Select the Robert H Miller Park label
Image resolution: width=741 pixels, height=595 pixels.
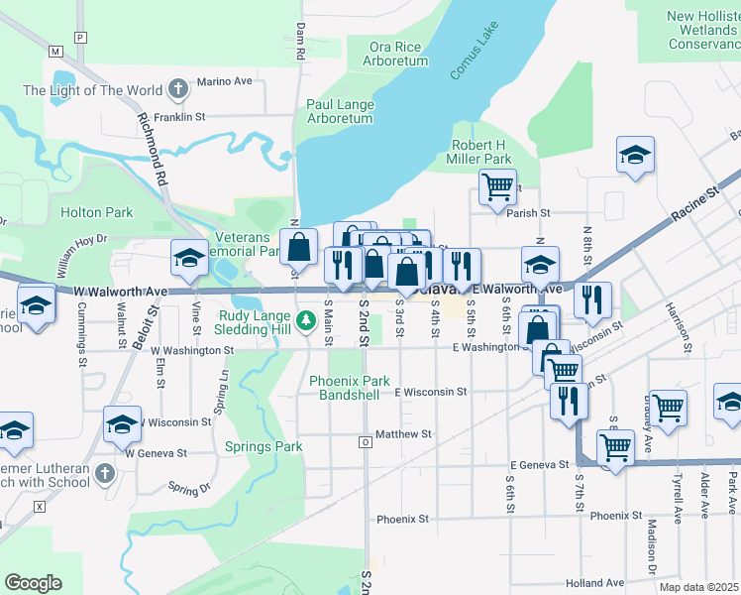480,152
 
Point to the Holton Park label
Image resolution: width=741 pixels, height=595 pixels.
96,212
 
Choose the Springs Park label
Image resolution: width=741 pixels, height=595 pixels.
264,447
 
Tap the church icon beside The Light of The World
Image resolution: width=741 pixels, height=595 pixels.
178,90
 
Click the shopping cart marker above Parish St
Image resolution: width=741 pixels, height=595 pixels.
497,184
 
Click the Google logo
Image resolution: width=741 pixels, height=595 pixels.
33,583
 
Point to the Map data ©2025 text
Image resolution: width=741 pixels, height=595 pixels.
699,587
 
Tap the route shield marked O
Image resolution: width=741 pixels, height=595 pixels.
366,441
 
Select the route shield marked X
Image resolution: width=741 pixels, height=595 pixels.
40,506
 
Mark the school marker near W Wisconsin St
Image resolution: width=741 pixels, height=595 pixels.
123,423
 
